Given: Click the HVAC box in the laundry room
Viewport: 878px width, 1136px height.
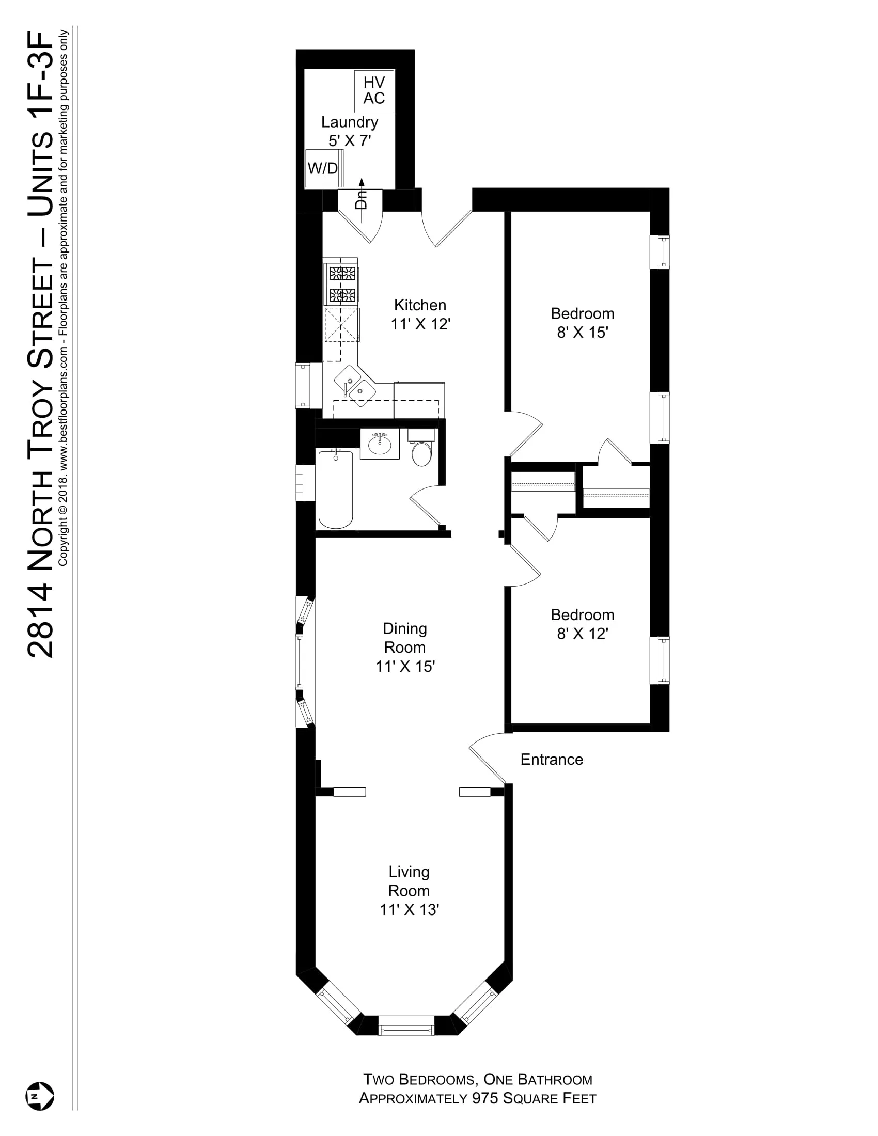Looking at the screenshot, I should coord(373,90).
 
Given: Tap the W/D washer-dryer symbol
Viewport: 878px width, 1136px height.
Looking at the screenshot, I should coord(323,168).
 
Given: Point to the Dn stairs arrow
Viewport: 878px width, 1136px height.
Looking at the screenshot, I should coord(361,196).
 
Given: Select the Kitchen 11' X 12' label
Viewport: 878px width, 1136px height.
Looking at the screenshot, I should coord(420,314).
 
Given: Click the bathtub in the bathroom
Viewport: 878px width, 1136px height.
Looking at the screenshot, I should coord(336,490).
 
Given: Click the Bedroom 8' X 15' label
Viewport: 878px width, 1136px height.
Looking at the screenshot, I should coord(582,323).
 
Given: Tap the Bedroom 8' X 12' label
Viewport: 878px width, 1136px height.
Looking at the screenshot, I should coord(582,624).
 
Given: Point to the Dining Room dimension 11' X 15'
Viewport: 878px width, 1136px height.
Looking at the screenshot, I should coord(405,666).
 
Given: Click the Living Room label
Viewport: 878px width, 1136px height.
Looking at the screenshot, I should coord(409,881).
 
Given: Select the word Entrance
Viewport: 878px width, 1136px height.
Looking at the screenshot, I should coord(552,760).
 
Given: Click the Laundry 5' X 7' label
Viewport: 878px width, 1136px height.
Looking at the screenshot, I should coord(350,131).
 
